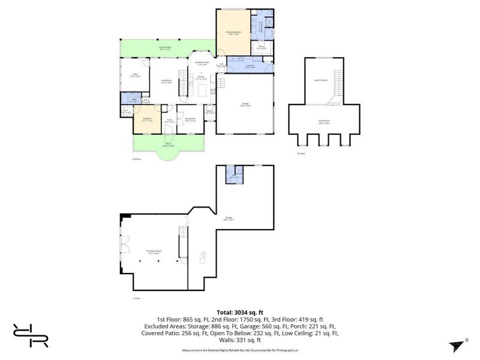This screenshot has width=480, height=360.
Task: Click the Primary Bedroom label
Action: click(x=233, y=32)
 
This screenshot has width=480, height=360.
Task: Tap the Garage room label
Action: click(x=245, y=104)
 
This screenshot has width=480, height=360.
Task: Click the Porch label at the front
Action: click(x=169, y=145)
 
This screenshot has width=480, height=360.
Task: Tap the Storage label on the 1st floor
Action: click(x=229, y=218)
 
